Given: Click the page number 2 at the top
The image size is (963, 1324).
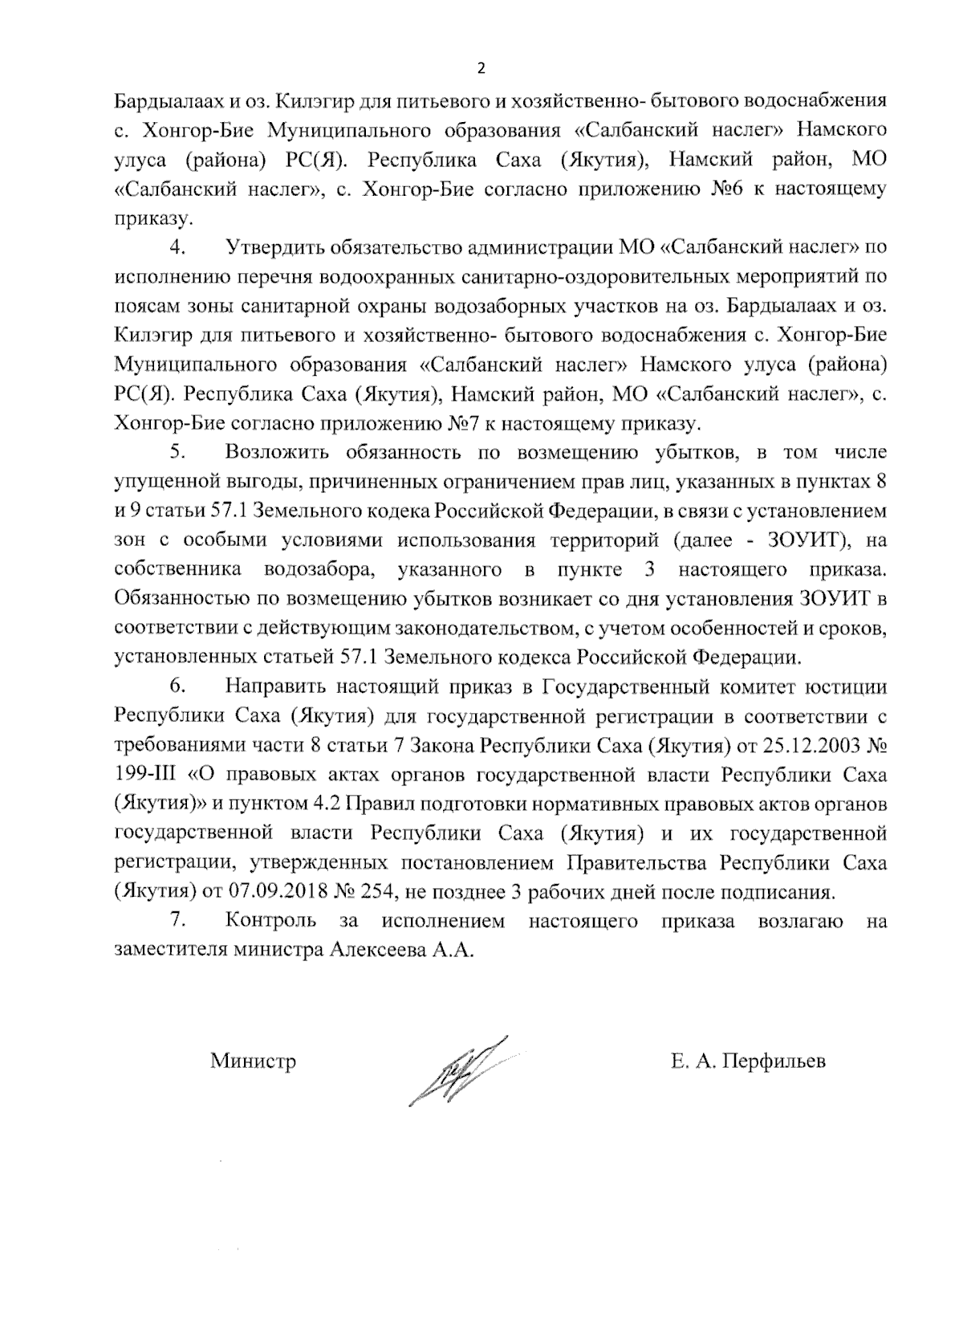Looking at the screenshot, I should click(x=481, y=67).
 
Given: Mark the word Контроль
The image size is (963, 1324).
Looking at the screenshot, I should click(x=271, y=920).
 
